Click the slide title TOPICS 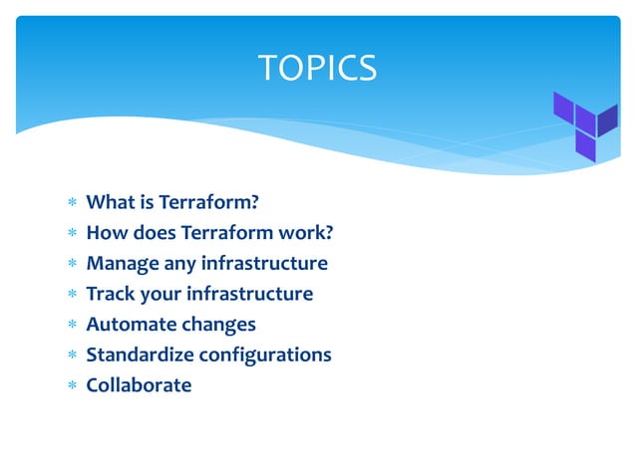tap(317, 68)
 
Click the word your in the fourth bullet tap(159, 294)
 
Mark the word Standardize tap(140, 355)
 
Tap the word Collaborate tap(139, 384)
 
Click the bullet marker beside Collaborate tap(72, 385)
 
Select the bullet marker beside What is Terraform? tap(72, 204)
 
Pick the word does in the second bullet tap(149, 233)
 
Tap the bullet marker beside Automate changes tap(72, 326)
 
